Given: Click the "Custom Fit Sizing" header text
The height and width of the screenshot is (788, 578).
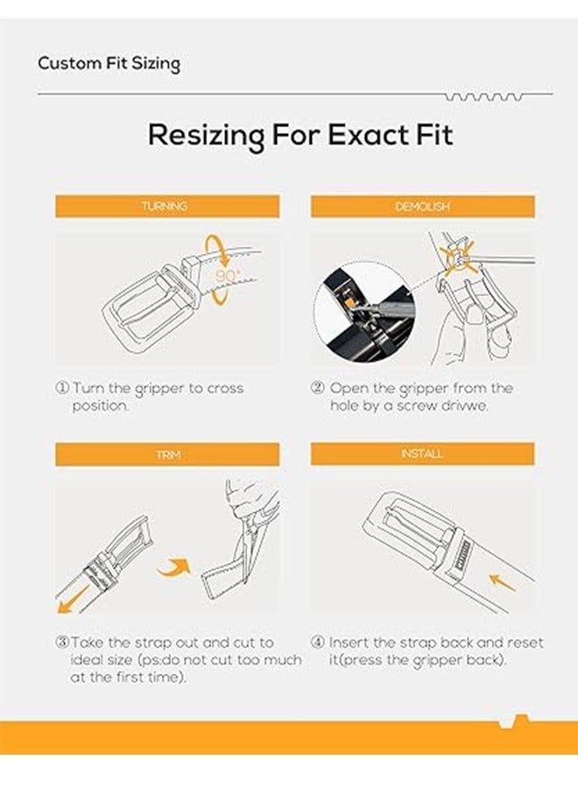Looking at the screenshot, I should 109,64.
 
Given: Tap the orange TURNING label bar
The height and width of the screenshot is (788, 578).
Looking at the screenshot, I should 167,207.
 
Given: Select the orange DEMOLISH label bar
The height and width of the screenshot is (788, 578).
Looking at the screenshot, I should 422,207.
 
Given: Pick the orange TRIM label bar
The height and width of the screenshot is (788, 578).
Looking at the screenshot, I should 167,454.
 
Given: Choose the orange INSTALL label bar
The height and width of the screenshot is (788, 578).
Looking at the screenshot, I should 422,454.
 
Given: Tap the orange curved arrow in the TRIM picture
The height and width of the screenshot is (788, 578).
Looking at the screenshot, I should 176,564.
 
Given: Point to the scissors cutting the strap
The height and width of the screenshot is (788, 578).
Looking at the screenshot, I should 250,525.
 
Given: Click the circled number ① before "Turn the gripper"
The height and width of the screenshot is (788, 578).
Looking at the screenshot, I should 61,388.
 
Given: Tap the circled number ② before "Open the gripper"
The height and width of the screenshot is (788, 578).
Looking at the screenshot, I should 318,388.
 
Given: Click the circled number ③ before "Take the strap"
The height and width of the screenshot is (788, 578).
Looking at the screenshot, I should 61,643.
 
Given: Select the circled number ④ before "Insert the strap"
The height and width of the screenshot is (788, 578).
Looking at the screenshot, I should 318,643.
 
